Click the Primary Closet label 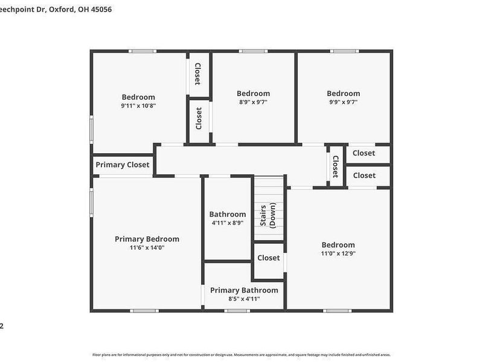pos(123,165)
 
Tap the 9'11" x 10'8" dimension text pos(138,106)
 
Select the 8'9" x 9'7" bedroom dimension pos(253,102)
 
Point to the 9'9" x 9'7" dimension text pos(343,102)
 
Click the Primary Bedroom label pos(147,239)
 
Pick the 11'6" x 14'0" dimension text pos(147,247)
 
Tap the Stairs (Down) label pos(267,215)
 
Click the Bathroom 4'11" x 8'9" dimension pos(228,223)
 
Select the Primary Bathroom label pos(244,290)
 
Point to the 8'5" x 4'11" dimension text pos(244,299)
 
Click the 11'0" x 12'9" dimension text pos(338,253)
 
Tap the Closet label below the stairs pos(269,258)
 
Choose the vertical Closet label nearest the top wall pos(197,73)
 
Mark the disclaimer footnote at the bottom pos(241,355)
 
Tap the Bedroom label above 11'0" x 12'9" pos(338,244)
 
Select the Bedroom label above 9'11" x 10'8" pos(138,97)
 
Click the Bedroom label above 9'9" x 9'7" pos(343,94)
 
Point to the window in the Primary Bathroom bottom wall pos(237,311)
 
